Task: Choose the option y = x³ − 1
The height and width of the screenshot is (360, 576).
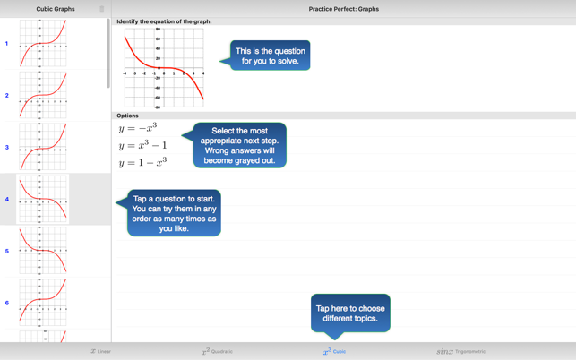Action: click(142, 145)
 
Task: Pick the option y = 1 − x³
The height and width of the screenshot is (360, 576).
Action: click(142, 162)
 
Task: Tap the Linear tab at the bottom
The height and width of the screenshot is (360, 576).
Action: click(101, 351)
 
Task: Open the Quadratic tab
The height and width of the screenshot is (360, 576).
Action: click(218, 351)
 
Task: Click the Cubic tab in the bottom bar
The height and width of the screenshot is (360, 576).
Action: click(334, 351)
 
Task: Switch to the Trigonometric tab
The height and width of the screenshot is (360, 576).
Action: click(460, 351)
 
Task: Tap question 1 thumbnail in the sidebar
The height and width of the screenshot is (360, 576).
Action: click(42, 44)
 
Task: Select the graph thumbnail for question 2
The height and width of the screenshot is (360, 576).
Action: click(42, 96)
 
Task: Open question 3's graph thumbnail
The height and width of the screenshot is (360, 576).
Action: click(42, 147)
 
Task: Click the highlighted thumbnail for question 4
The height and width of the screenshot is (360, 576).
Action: click(42, 199)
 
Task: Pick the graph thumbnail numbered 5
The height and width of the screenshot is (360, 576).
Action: click(42, 251)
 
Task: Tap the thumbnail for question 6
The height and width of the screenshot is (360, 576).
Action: click(42, 303)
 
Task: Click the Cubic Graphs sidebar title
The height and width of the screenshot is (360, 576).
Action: click(56, 9)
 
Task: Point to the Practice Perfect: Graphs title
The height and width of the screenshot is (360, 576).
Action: click(343, 9)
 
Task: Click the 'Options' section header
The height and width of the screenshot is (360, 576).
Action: click(128, 116)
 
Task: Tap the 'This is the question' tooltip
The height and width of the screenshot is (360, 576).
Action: click(270, 56)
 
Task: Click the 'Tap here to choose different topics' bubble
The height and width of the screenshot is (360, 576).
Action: click(350, 313)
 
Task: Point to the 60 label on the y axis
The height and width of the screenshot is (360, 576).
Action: click(158, 39)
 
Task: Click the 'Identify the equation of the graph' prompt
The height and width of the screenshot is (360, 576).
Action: click(164, 21)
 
